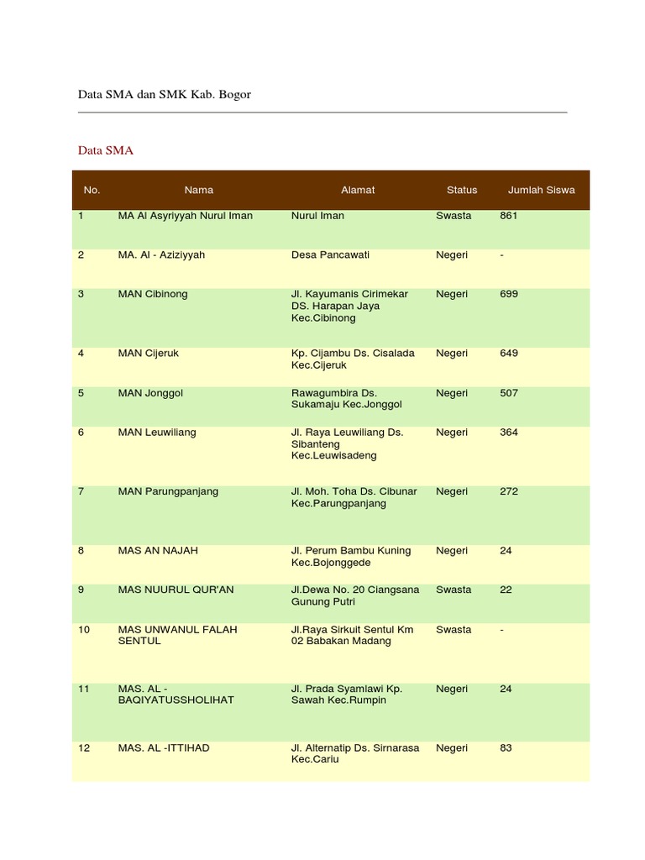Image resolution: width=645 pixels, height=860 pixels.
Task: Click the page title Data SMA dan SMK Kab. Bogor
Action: (x=165, y=95)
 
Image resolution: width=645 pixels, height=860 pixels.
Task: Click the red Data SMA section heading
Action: (x=106, y=151)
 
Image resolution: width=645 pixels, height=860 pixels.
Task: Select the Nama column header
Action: (x=199, y=190)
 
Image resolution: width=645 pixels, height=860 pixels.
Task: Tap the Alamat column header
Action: (x=358, y=190)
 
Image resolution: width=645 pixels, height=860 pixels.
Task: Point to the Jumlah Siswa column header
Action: (x=542, y=190)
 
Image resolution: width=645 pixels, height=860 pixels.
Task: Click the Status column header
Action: (x=462, y=190)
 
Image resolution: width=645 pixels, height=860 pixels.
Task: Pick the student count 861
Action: (x=509, y=216)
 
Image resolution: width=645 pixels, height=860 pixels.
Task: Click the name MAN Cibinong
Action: (x=153, y=295)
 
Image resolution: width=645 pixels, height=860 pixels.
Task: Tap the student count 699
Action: (x=509, y=295)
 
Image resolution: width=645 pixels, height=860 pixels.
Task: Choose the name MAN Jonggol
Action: (x=151, y=393)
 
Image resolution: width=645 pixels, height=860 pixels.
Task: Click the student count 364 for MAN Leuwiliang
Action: (x=509, y=433)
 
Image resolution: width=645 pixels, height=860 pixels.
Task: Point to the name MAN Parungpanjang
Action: (x=168, y=491)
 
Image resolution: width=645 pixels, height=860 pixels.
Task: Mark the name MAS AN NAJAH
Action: (x=158, y=551)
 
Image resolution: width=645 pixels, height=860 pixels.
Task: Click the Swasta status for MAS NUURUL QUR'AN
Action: (x=454, y=590)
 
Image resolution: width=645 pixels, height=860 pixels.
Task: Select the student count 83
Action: (x=506, y=748)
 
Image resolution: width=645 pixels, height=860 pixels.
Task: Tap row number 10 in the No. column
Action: (x=83, y=630)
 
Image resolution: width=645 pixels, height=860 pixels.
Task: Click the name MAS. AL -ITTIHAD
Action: (x=164, y=748)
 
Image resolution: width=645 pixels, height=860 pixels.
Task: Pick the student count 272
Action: (x=509, y=491)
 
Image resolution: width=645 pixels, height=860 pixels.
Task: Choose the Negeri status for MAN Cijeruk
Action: (x=452, y=354)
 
